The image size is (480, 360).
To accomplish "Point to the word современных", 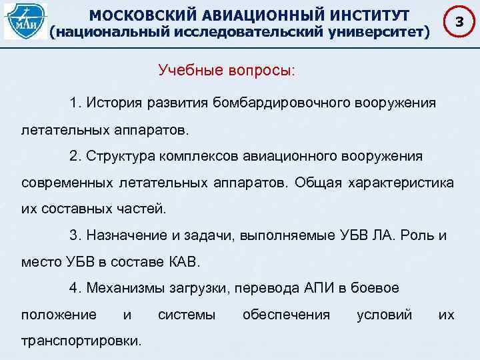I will (x=69, y=182).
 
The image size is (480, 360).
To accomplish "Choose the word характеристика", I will (x=399, y=182).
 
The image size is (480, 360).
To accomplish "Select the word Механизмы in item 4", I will (x=120, y=288).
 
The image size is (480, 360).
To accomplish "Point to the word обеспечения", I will (x=286, y=314).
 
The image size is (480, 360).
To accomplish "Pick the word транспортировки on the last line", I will (x=81, y=340).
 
